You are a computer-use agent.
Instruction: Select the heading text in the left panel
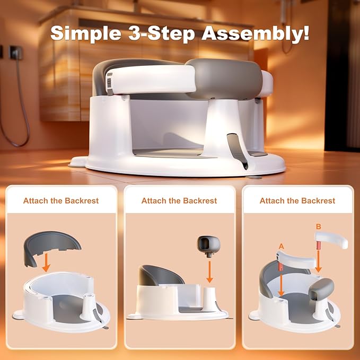pyautogui.click(x=61, y=201)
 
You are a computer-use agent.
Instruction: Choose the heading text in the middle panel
pyautogui.click(x=179, y=201)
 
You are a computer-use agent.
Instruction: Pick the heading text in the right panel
pyautogui.click(x=297, y=201)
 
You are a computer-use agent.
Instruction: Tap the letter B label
pyautogui.click(x=318, y=227)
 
